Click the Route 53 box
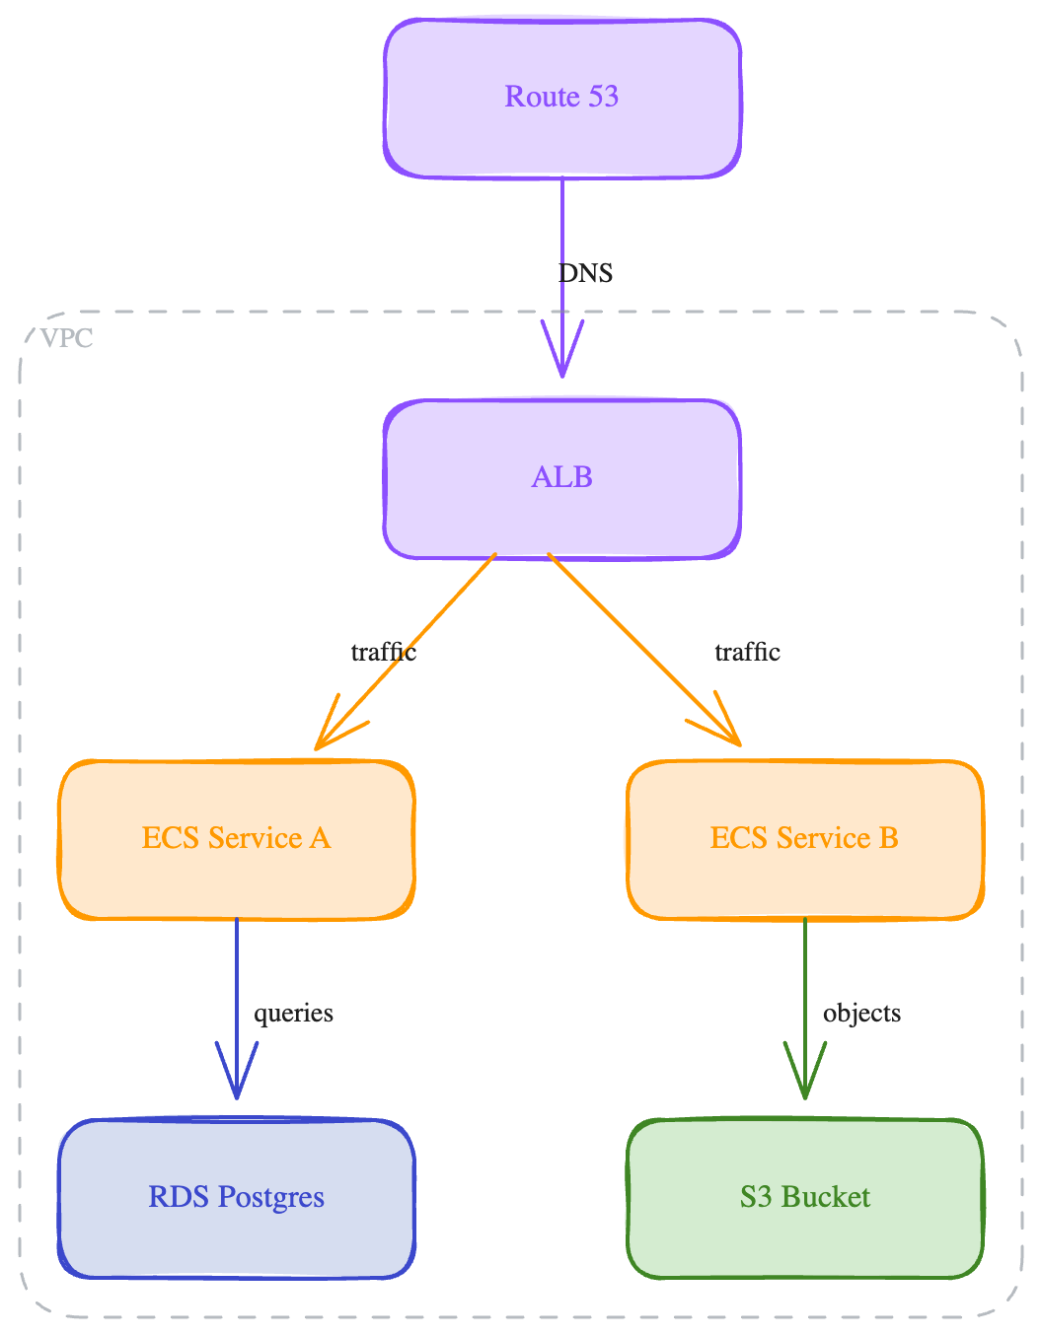point(562,99)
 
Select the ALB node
point(562,479)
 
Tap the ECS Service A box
point(237,839)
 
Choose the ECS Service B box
point(805,839)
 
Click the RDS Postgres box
point(237,1198)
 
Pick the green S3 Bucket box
point(805,1198)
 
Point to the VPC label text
point(67,338)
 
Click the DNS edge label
point(586,273)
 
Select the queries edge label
point(293,1014)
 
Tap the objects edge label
point(861,1014)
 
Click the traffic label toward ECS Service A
point(384,652)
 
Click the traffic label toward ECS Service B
point(747,652)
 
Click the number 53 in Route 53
point(603,97)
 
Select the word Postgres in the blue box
point(270,1198)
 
